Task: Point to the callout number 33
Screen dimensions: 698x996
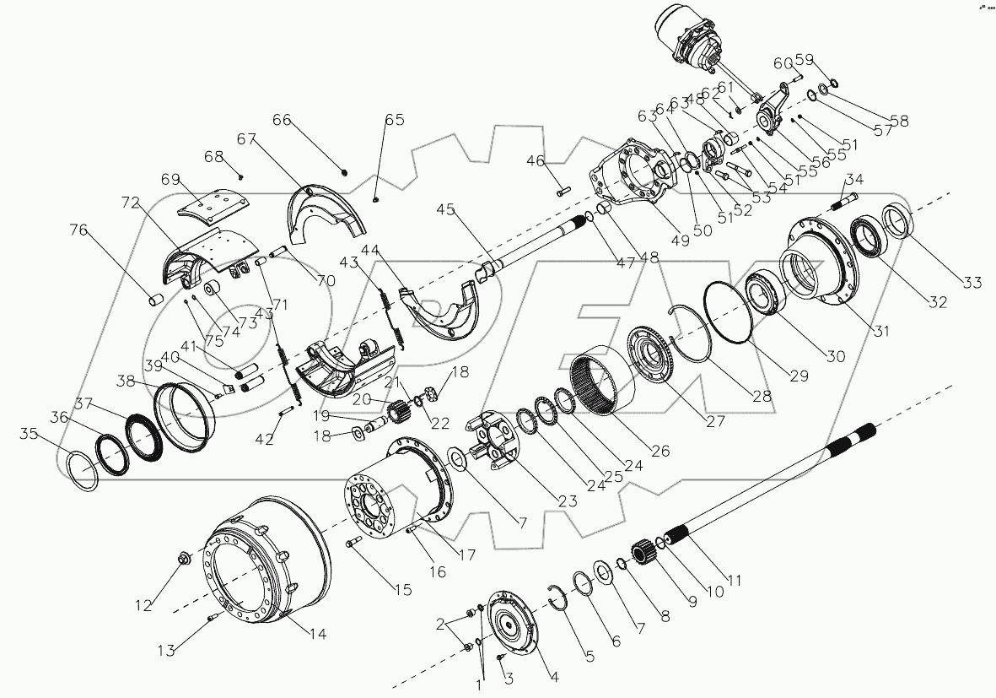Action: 973,283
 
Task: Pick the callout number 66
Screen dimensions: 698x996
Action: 281,121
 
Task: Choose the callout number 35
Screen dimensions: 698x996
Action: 30,434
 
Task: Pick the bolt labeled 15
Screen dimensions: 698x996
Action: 354,544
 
